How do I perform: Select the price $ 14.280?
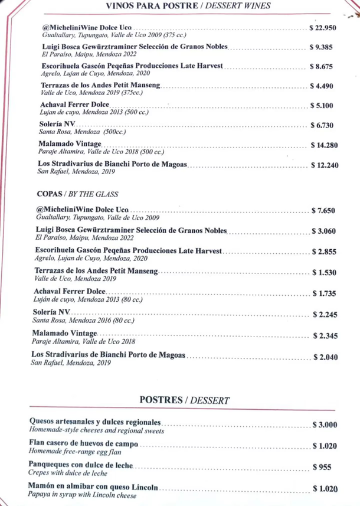pos(324,145)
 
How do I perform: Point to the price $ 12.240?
pos(325,165)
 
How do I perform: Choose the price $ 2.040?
pos(325,357)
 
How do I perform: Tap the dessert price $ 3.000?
pos(325,425)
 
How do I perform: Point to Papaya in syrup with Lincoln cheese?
pos(82,495)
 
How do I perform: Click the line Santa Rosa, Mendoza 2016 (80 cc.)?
pos(83,320)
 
